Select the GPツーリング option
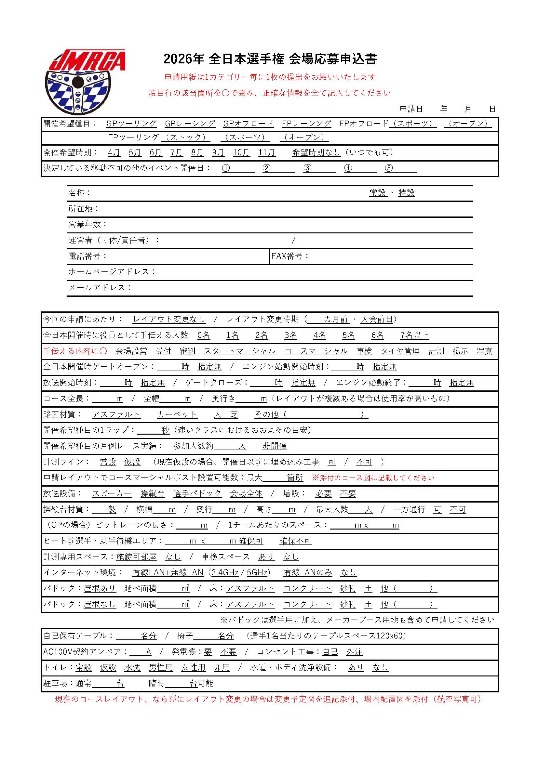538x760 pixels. click(x=131, y=124)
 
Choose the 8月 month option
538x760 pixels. click(x=197, y=152)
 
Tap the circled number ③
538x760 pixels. click(x=307, y=168)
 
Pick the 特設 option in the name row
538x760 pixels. click(x=407, y=193)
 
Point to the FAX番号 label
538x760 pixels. click(x=289, y=256)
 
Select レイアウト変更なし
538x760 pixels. click(x=169, y=319)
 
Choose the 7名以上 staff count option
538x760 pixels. click(x=414, y=335)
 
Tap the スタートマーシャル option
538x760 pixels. click(x=239, y=351)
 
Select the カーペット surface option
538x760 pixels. click(x=177, y=414)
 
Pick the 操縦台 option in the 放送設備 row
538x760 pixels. click(x=152, y=493)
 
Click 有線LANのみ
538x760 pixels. click(x=308, y=572)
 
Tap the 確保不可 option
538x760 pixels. click(x=295, y=541)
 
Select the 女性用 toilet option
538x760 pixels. click(x=194, y=667)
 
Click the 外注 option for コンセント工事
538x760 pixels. click(x=355, y=652)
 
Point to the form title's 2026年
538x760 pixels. click(x=183, y=59)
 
